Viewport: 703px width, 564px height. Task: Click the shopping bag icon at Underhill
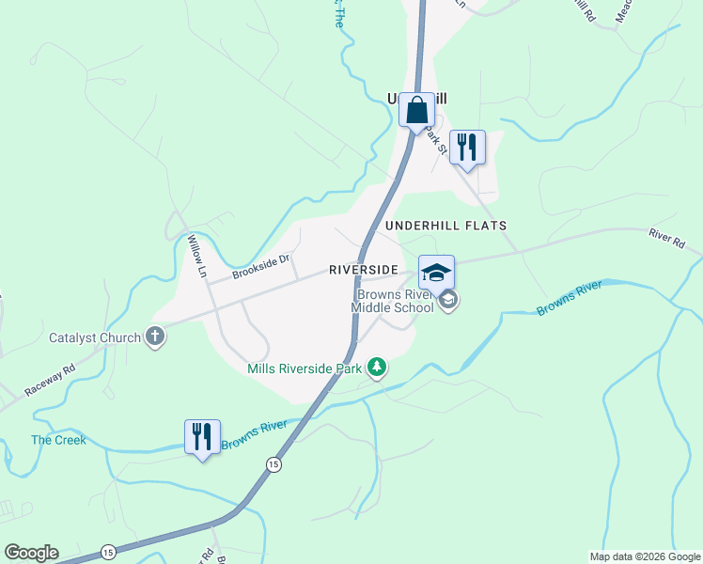(416, 110)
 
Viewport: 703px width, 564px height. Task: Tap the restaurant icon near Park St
(467, 148)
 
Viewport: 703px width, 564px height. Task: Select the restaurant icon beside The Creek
(202, 437)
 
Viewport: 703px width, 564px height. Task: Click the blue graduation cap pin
(436, 274)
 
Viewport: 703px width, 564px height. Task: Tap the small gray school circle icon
(448, 301)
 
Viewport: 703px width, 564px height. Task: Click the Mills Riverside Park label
(305, 368)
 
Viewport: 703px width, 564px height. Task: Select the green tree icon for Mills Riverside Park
(377, 367)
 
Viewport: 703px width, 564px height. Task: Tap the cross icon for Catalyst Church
(155, 337)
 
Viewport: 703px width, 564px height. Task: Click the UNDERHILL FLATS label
(446, 226)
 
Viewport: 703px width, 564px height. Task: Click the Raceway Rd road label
(50, 380)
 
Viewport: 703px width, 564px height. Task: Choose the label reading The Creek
(58, 440)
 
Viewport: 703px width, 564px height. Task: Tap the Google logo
(31, 553)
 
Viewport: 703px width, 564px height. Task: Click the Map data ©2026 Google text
(645, 556)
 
